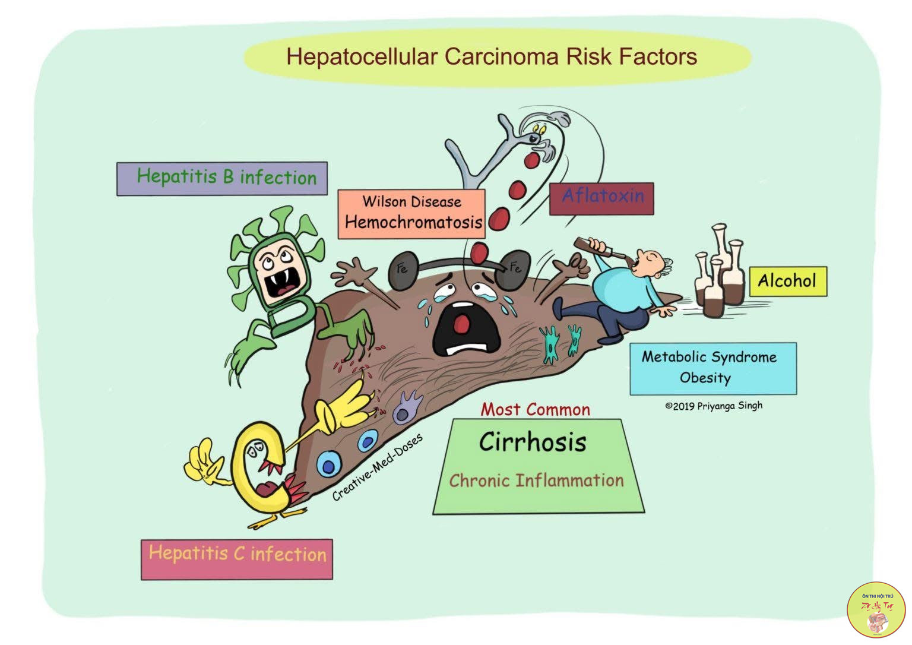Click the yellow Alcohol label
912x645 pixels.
click(787, 281)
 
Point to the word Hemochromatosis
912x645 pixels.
click(413, 223)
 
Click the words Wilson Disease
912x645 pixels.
click(411, 201)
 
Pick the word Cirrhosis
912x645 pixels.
click(533, 442)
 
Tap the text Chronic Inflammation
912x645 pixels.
click(536, 480)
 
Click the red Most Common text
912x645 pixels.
click(535, 410)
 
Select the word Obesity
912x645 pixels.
click(705, 378)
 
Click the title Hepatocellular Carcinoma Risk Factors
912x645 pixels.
click(492, 57)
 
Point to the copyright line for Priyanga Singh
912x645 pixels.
click(714, 406)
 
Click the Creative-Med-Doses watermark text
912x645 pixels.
click(378, 467)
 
